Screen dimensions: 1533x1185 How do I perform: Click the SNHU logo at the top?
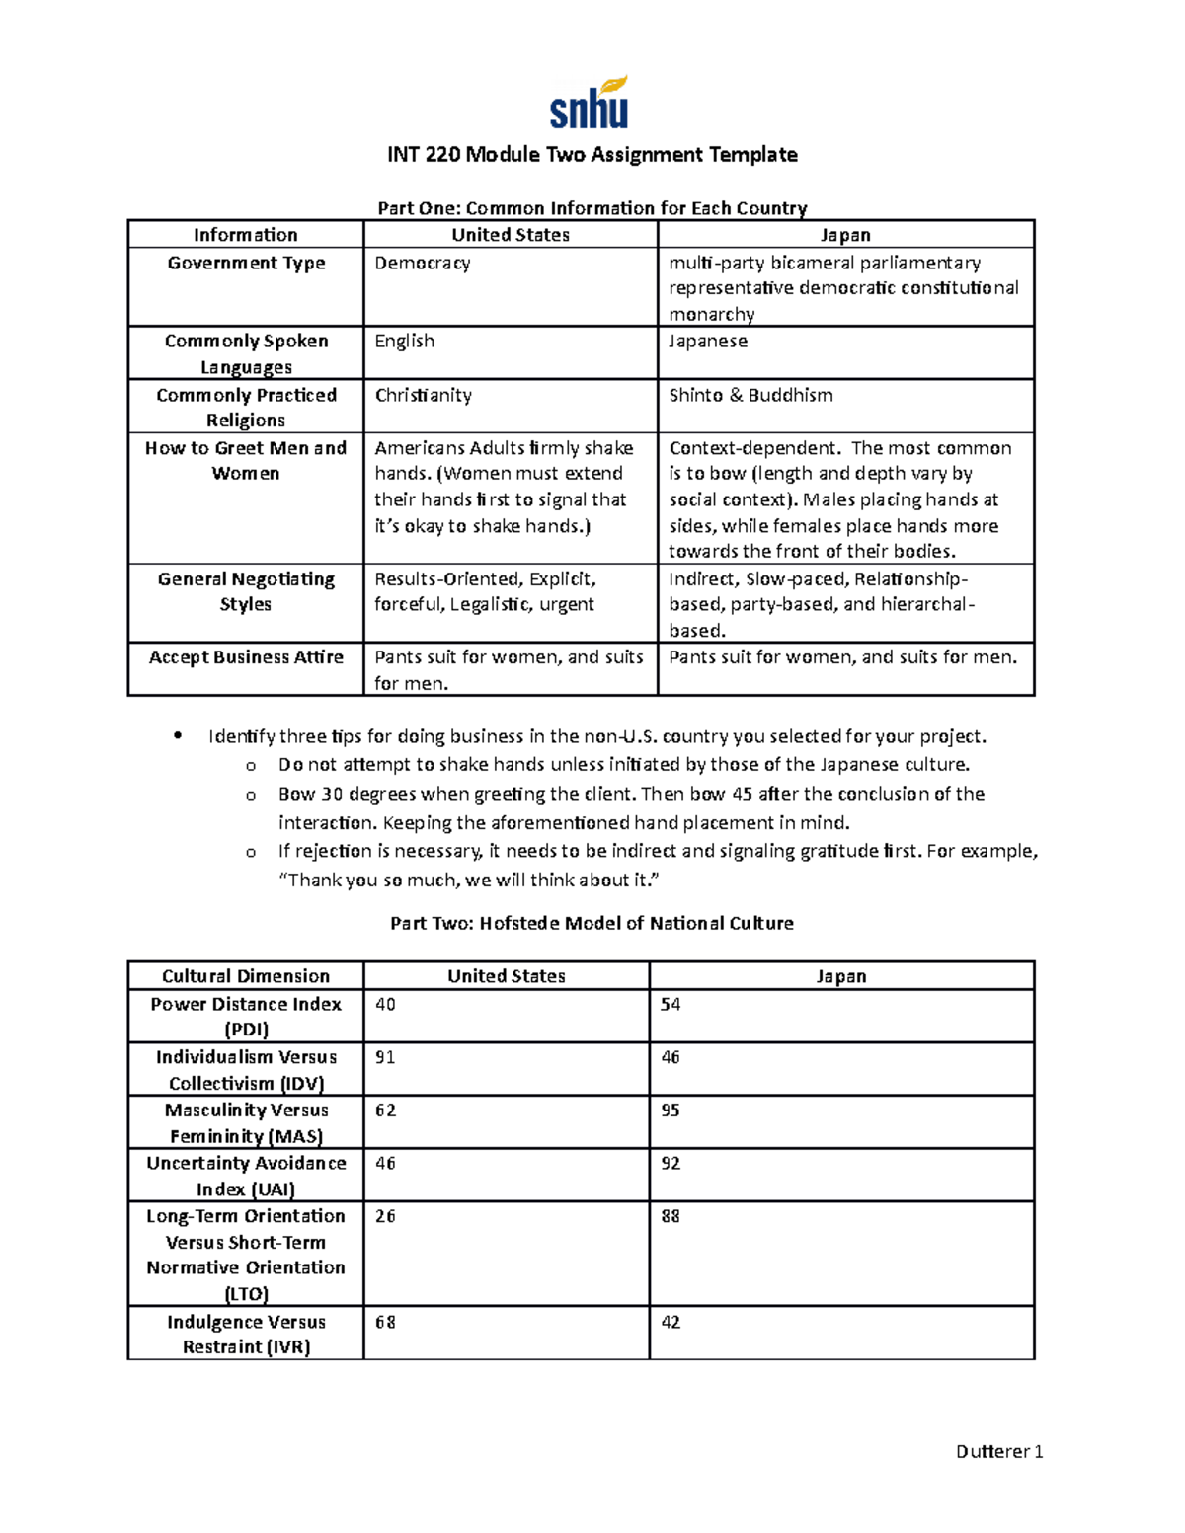[x=590, y=104]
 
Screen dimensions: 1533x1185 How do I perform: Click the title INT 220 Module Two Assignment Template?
[x=592, y=155]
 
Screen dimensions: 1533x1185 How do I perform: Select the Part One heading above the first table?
[x=592, y=208]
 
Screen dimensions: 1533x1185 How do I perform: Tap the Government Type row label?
[x=246, y=264]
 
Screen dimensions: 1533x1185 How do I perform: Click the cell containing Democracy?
[x=423, y=264]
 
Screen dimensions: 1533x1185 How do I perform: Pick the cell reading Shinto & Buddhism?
[x=750, y=395]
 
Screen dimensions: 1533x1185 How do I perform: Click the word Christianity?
[x=423, y=395]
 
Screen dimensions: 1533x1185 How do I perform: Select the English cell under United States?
[x=404, y=342]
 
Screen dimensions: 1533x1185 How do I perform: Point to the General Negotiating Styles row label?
[x=246, y=591]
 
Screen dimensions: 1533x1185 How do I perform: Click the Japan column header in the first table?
[x=845, y=235]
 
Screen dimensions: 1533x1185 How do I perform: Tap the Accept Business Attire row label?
[x=246, y=657]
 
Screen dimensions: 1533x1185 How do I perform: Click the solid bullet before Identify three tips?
[x=178, y=735]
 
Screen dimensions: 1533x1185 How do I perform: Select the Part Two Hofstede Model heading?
[x=592, y=923]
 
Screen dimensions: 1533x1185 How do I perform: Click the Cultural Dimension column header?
[x=246, y=976]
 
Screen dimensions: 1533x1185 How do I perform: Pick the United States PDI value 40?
[x=385, y=1005]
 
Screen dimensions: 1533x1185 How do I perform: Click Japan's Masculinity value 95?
[x=671, y=1111]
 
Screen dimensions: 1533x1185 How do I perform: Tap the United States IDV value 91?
[x=385, y=1058]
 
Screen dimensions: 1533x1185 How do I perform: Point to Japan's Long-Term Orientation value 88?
[x=671, y=1217]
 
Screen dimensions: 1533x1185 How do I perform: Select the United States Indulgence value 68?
[x=385, y=1323]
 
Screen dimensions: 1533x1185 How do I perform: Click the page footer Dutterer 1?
[x=999, y=1451]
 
